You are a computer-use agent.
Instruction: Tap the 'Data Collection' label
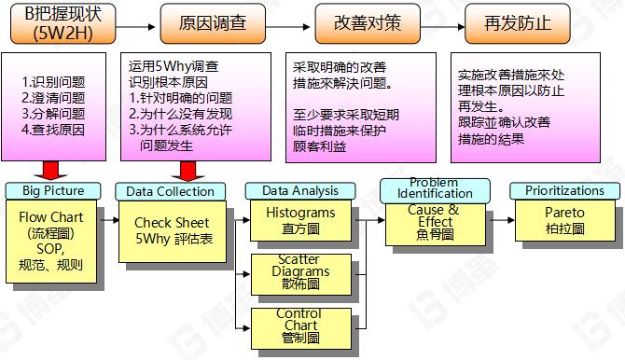click(x=172, y=190)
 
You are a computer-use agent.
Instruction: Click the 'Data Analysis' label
click(x=300, y=190)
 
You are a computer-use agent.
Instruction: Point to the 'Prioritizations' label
click(x=564, y=190)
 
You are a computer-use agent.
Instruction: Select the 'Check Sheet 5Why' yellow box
click(x=173, y=230)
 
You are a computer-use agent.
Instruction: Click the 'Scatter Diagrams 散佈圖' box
click(x=299, y=271)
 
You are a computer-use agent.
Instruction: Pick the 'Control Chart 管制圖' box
click(x=299, y=325)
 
